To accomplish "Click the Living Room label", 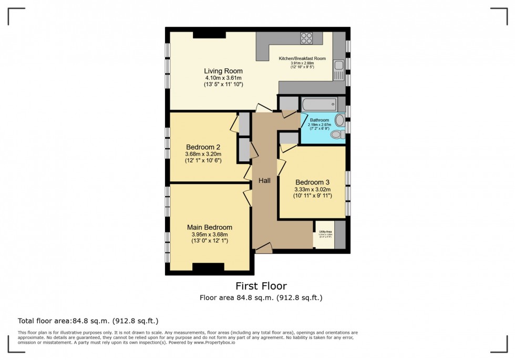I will (x=223, y=71).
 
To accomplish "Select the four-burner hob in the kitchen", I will (x=306, y=38).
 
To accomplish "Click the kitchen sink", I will (x=339, y=66).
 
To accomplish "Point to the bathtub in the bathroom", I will (x=319, y=104).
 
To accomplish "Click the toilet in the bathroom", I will (x=337, y=135).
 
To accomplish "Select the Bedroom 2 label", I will (x=203, y=147).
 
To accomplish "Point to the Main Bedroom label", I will (x=210, y=228).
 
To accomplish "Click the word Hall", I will (x=264, y=180).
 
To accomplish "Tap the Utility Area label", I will (x=324, y=231).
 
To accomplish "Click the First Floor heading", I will (x=261, y=286).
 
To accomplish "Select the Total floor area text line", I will (x=88, y=321).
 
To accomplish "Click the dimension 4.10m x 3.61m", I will (x=223, y=78).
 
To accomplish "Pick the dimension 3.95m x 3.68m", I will (x=210, y=234).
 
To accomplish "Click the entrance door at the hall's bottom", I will (x=263, y=249).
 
